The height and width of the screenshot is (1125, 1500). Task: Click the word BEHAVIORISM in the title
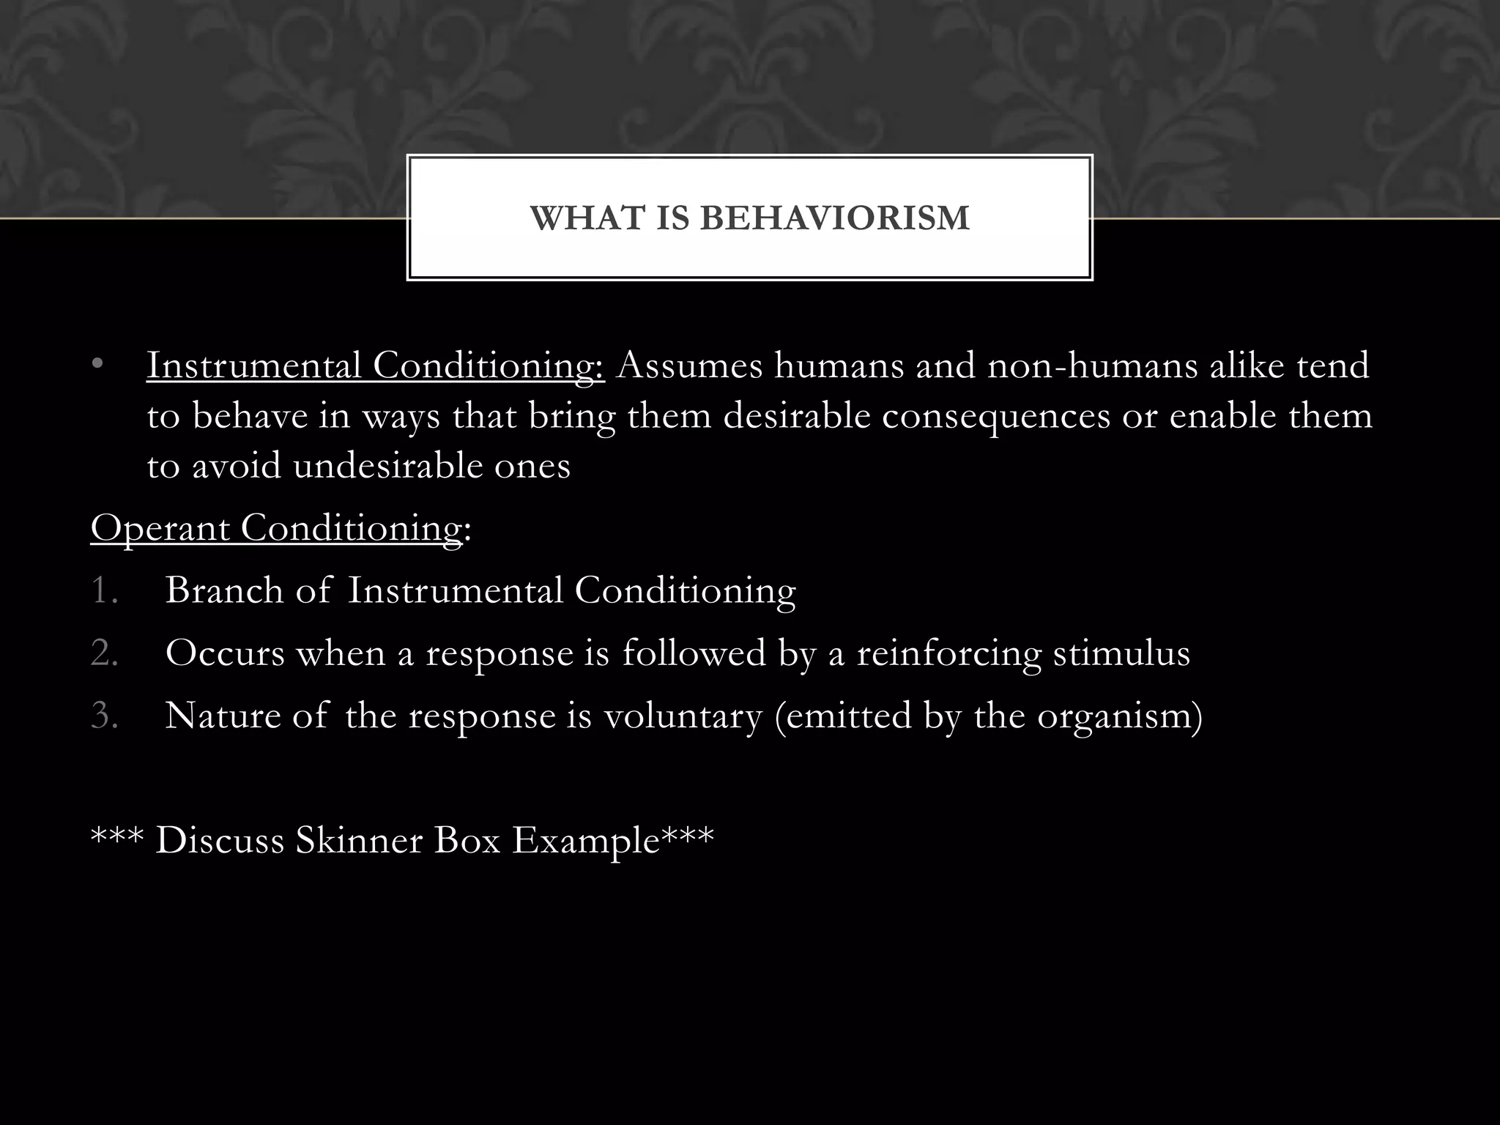835,218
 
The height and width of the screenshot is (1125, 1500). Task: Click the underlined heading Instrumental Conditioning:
375,365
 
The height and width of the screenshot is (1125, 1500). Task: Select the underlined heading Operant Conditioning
276,528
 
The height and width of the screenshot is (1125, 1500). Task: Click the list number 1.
104,590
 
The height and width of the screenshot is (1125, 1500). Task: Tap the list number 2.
104,653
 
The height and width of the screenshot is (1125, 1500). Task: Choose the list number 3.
104,716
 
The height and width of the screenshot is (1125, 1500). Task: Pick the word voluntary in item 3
683,716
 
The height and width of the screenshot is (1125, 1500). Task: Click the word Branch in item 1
224,590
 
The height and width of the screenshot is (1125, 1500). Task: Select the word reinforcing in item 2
948,653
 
